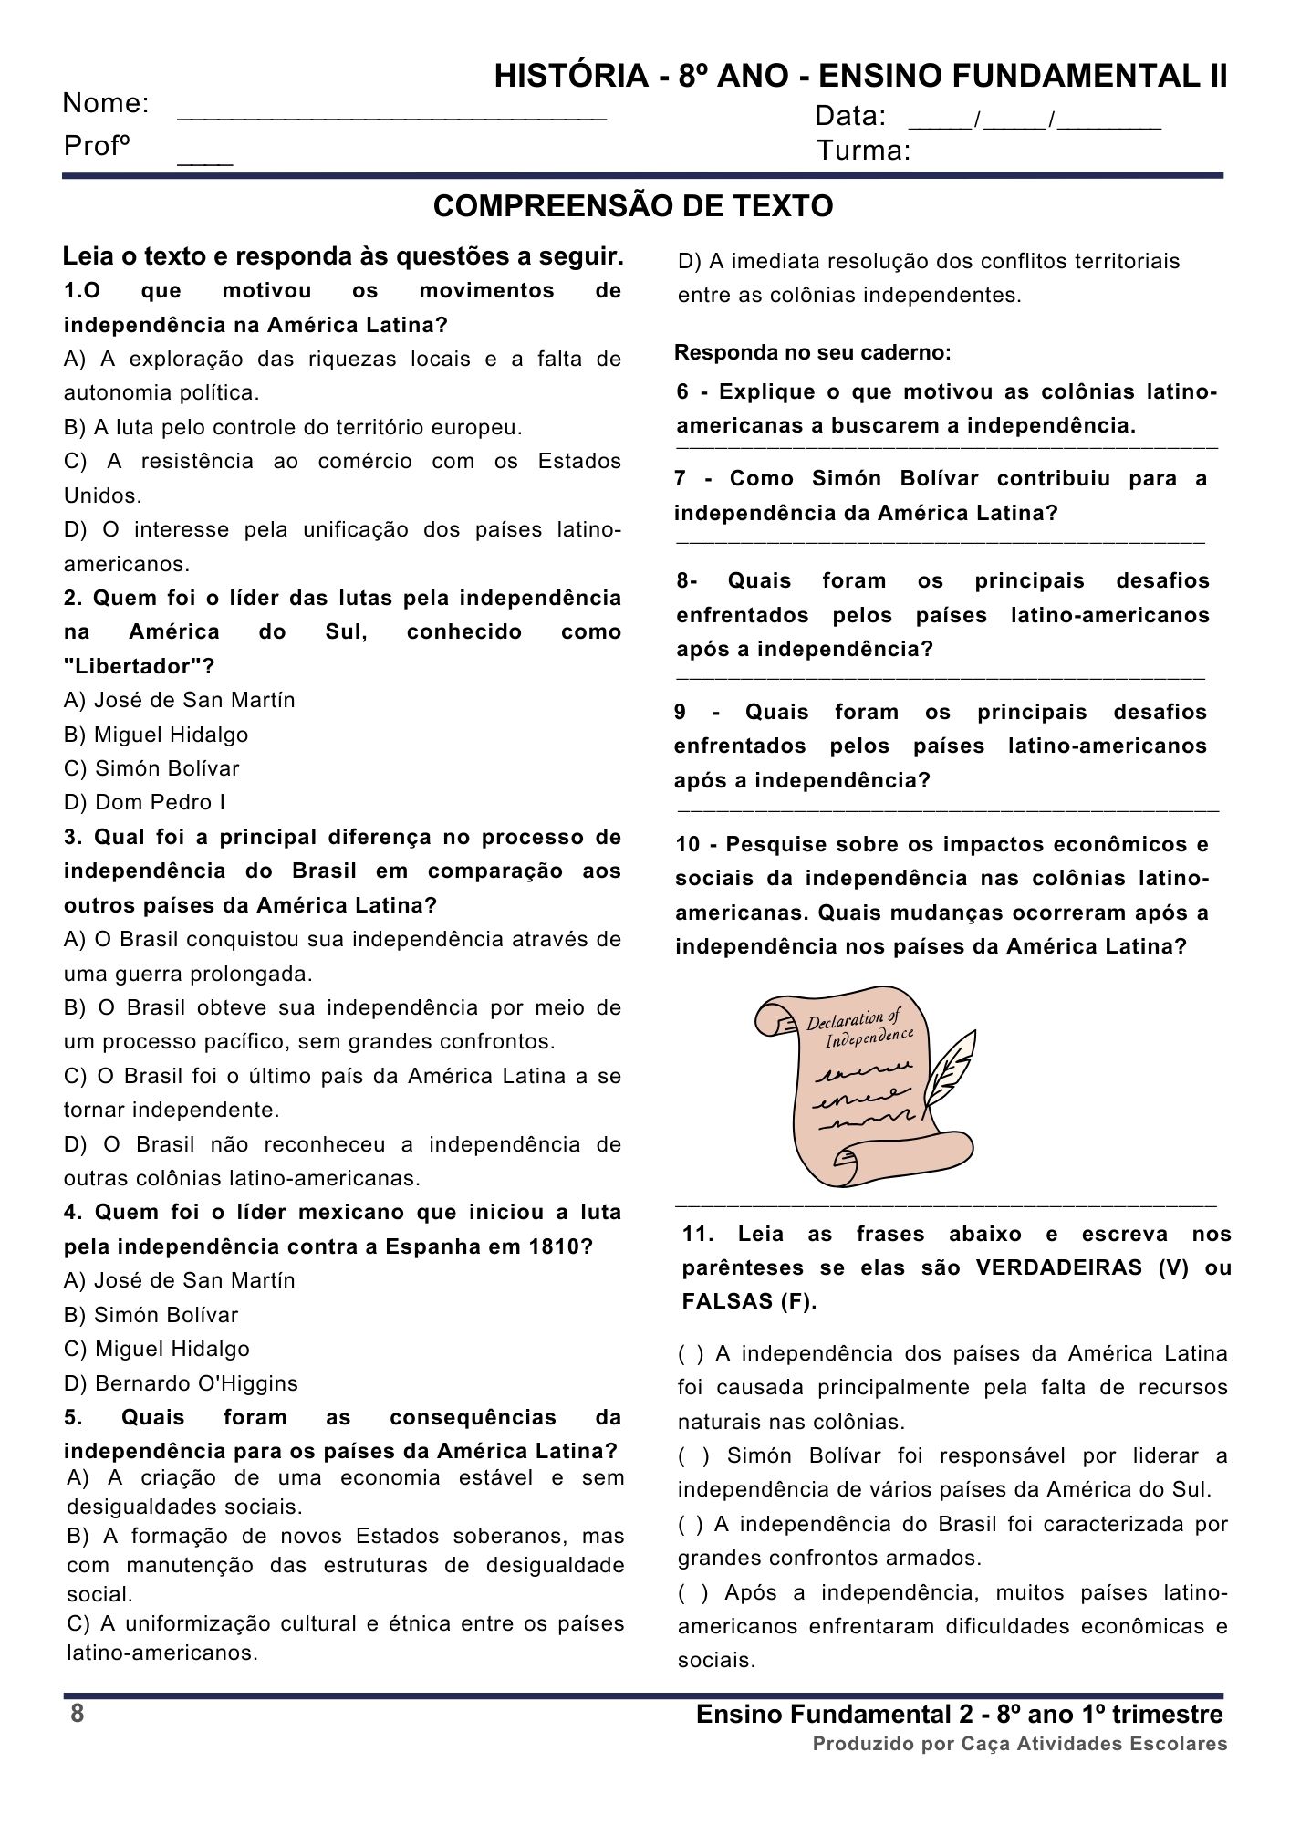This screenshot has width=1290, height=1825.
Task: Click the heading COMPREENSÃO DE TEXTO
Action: (633, 207)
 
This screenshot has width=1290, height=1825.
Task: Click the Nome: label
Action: (106, 104)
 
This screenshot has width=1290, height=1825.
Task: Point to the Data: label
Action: (850, 117)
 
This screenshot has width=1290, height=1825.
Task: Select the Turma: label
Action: (864, 151)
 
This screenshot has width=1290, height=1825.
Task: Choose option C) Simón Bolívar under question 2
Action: (151, 768)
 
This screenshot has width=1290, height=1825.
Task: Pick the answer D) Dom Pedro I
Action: (144, 803)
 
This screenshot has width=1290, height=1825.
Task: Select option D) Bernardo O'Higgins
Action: (181, 1383)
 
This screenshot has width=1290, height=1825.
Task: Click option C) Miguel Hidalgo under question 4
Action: (156, 1349)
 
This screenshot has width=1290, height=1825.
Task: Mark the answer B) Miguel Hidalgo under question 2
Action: (156, 735)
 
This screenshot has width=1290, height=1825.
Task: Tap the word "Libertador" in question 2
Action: (139, 666)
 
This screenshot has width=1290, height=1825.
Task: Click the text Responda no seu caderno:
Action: (813, 353)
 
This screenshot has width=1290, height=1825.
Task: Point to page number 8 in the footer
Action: (78, 1714)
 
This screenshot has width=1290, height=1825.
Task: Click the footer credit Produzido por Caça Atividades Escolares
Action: (1020, 1744)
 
